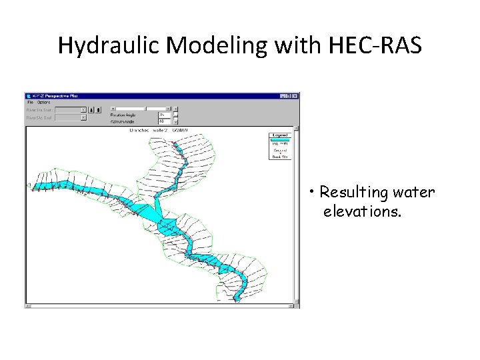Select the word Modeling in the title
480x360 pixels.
click(206, 45)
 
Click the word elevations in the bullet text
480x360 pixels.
click(362, 212)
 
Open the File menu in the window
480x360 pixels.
click(30, 103)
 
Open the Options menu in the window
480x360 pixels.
click(43, 103)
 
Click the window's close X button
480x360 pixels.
click(295, 96)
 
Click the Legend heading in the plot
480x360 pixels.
click(279, 135)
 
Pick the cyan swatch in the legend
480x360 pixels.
click(279, 139)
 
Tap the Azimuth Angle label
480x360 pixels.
click(124, 121)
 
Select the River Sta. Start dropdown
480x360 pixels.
click(70, 110)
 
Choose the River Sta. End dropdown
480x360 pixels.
click(70, 117)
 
